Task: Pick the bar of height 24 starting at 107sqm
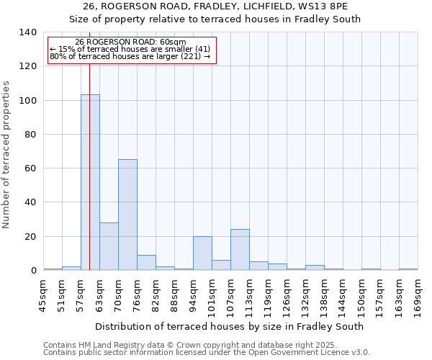click(240, 250)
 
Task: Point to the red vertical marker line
click(89, 166)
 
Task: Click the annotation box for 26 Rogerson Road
click(131, 50)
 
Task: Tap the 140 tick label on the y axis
click(27, 32)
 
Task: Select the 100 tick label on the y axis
click(27, 100)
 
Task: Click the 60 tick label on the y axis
click(30, 168)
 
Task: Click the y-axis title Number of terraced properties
click(7, 155)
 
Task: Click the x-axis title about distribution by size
click(229, 326)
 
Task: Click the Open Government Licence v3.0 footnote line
click(206, 353)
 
